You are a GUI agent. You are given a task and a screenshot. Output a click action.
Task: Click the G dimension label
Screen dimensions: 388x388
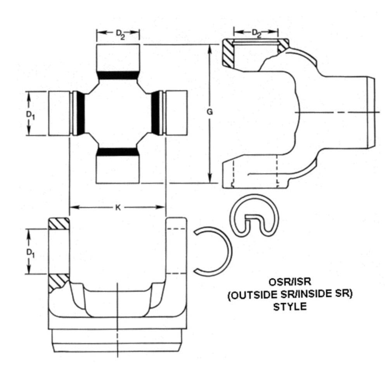210,113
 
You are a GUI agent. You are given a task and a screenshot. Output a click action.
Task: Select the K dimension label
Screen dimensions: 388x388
118,208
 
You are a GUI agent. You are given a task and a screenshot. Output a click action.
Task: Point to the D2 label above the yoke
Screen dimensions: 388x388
256,33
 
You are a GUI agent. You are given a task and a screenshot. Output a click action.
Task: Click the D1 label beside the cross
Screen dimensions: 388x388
30,114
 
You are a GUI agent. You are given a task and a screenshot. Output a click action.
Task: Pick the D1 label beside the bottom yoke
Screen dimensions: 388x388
30,252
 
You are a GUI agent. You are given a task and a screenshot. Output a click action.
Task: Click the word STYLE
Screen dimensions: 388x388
289,307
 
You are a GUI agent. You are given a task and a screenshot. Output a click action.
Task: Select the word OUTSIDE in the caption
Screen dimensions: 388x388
253,294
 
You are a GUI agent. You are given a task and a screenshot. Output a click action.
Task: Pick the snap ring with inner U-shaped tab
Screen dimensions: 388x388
254,218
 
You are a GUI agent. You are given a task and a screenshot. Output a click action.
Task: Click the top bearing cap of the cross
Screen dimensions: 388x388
118,57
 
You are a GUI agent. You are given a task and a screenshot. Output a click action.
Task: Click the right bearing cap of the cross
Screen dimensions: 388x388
177,113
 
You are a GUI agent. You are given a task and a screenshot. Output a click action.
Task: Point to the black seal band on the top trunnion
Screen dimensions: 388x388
118,75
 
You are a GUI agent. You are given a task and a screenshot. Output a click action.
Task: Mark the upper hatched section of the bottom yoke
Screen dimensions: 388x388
59,223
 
